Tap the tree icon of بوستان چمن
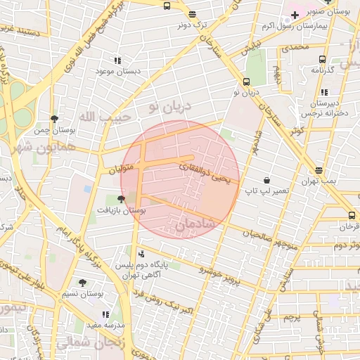[55, 119]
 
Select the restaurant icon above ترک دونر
[192, 13]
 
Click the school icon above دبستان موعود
[117, 60]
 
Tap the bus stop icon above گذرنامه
[322, 60]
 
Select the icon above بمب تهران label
[319, 170]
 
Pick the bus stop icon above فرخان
[352, 215]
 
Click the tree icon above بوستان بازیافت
[122, 199]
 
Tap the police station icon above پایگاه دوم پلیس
[143, 253]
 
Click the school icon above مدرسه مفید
[105, 314]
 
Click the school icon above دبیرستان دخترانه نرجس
[323, 92]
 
